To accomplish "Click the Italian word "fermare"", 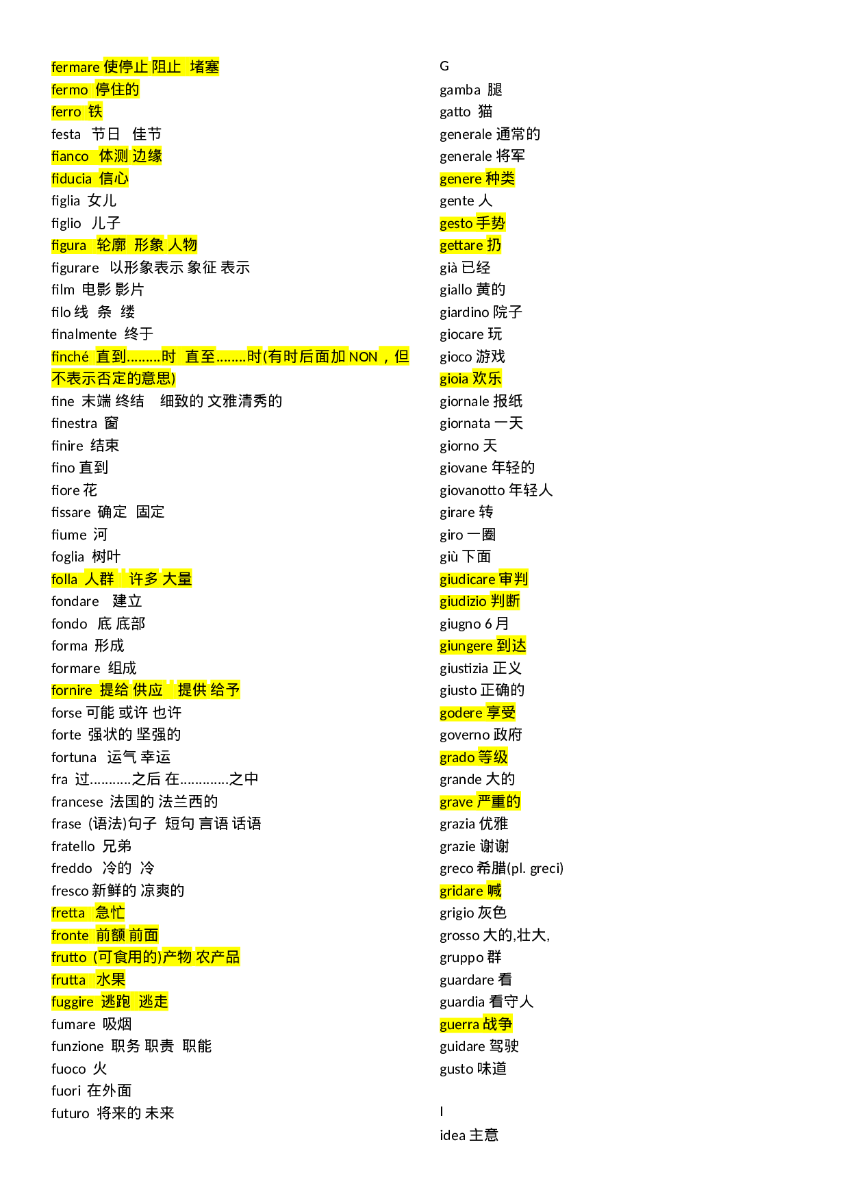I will click(x=75, y=67).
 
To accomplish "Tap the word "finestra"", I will click(x=74, y=423).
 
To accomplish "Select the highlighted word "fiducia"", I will click(x=71, y=179).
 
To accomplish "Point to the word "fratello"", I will click(x=73, y=846).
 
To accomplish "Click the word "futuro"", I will click(x=70, y=1113).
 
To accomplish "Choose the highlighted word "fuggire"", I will click(x=72, y=1002).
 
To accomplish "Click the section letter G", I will click(x=444, y=66).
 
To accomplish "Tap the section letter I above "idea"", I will click(x=442, y=1111).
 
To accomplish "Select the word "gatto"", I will click(x=455, y=112).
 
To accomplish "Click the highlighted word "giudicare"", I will click(x=467, y=579).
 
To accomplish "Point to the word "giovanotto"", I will click(x=472, y=490).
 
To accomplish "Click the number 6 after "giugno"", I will click(x=488, y=624).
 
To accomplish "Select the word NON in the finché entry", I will click(x=363, y=357).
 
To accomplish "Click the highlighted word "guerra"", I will click(x=459, y=1024).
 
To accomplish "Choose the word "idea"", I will click(x=452, y=1135).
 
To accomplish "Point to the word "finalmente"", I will click(x=84, y=334).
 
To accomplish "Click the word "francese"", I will click(x=77, y=802).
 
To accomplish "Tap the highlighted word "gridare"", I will click(x=461, y=891).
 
